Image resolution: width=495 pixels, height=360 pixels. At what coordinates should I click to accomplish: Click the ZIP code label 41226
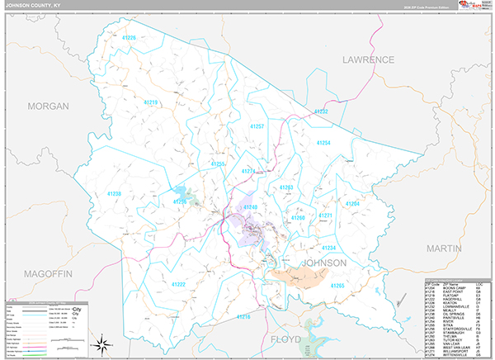tap(129, 37)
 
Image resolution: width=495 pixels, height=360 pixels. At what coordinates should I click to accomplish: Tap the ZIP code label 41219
tap(149, 102)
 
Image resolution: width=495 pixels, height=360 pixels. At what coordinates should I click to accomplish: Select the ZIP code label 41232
tap(321, 111)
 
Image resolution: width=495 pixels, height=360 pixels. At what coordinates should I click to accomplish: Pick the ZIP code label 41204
tap(352, 203)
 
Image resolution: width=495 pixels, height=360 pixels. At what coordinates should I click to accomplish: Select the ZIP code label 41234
tap(328, 248)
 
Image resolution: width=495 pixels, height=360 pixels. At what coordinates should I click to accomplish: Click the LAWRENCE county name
tap(370, 60)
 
